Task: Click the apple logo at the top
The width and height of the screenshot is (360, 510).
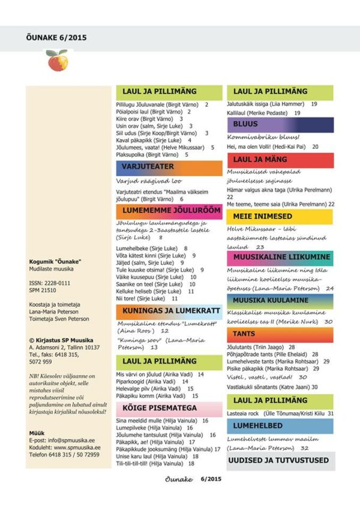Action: [57, 61]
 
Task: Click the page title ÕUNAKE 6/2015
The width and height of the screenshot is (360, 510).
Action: [57, 37]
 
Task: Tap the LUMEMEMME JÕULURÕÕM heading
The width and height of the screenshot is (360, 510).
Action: [162, 211]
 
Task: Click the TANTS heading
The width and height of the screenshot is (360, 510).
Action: [244, 334]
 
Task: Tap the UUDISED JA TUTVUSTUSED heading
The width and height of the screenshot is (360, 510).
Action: [278, 460]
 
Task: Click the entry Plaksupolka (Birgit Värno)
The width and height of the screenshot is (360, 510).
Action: [144, 154]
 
